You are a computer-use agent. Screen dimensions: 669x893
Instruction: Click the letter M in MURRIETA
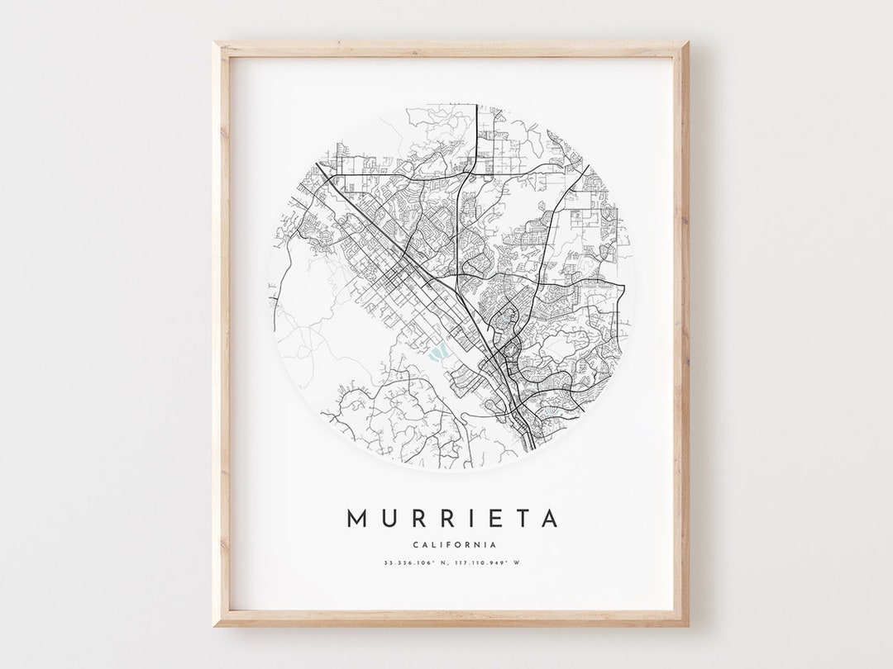coord(356,519)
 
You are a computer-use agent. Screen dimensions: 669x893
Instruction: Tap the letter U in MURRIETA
coord(387,519)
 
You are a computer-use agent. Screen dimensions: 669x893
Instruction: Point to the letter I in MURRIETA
coord(466,519)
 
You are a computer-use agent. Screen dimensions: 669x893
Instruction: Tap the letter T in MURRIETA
coord(518,519)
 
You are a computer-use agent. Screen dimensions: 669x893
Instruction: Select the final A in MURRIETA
coord(547,519)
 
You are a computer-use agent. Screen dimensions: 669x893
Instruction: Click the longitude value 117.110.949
coord(483,563)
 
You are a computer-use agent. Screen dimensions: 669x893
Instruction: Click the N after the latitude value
coord(447,563)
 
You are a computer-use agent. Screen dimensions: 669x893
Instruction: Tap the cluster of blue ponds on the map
coord(436,354)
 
